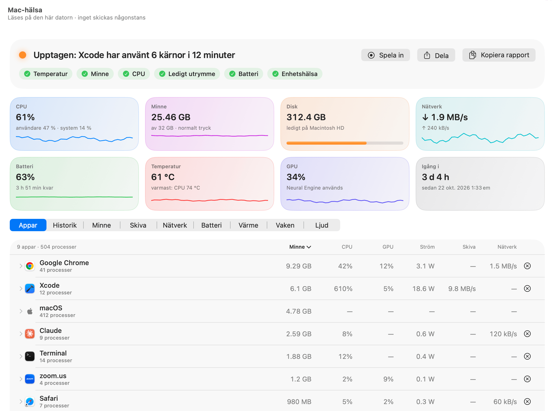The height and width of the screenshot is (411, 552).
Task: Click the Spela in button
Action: (385, 55)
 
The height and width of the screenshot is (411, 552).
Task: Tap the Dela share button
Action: (436, 55)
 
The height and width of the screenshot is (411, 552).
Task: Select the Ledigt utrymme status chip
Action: (187, 74)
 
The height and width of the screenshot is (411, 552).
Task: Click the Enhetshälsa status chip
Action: (295, 74)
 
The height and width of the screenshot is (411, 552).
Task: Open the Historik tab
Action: (65, 225)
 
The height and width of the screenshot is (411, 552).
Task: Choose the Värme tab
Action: (248, 225)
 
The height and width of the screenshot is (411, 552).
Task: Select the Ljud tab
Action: (322, 225)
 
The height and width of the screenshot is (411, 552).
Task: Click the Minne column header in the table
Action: (300, 247)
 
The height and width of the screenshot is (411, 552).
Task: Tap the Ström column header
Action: (427, 247)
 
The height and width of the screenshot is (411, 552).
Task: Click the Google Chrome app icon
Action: (30, 266)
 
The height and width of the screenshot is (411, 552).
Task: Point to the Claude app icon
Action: (30, 334)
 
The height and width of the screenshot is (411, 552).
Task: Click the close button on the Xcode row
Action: (527, 288)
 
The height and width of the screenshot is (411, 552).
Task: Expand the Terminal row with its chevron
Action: (21, 357)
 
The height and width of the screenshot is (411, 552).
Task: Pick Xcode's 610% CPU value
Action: (343, 289)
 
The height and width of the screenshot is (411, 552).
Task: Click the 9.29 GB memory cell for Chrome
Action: (299, 266)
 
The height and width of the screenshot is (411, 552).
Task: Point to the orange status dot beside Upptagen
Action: (23, 55)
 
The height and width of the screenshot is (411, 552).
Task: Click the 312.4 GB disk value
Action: (306, 117)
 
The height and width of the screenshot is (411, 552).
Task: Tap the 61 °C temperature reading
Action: (163, 177)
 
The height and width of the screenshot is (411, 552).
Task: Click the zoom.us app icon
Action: (30, 379)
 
